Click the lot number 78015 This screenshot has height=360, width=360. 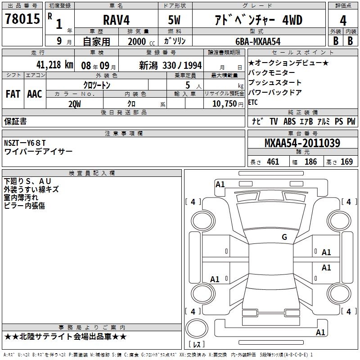coord(22,18)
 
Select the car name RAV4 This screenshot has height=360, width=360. coord(116,20)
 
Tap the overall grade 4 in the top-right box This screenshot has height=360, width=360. coord(343,20)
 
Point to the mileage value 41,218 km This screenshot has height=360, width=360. coord(54,65)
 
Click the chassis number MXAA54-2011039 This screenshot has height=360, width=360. coord(302,143)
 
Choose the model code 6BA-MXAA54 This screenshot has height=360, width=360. coord(258,41)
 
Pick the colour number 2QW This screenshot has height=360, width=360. coord(75,104)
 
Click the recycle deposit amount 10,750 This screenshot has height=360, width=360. coord(225,104)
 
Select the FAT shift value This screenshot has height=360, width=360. coord(13,94)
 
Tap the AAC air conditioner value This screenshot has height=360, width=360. coord(35,94)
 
